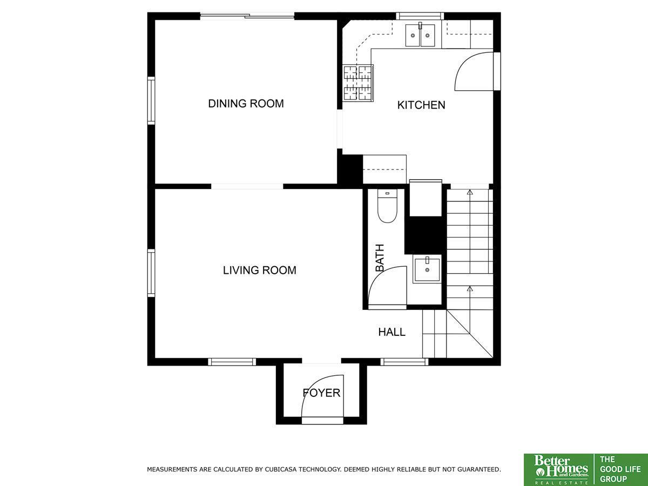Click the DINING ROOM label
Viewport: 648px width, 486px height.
pos(246,104)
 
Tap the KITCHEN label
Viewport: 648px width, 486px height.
pos(421,105)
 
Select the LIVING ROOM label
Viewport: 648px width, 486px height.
pos(260,271)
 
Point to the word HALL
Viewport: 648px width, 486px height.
pos(391,332)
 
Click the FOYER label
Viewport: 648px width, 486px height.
pos(321,393)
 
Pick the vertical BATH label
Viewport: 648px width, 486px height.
pos(380,258)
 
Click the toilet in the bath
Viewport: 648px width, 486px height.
pos(387,206)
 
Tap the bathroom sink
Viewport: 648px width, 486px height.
pos(427,269)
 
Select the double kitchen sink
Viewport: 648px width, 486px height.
pos(420,35)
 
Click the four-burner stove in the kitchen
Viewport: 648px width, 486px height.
pos(358,83)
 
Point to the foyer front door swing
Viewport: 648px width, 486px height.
pos(323,396)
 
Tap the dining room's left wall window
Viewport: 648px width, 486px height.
pos(151,100)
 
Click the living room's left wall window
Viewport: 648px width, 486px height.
pos(151,273)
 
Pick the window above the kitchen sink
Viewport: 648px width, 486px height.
pos(420,16)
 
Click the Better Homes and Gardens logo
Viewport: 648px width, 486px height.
pos(559,470)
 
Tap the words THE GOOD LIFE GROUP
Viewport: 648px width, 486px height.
pos(620,469)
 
